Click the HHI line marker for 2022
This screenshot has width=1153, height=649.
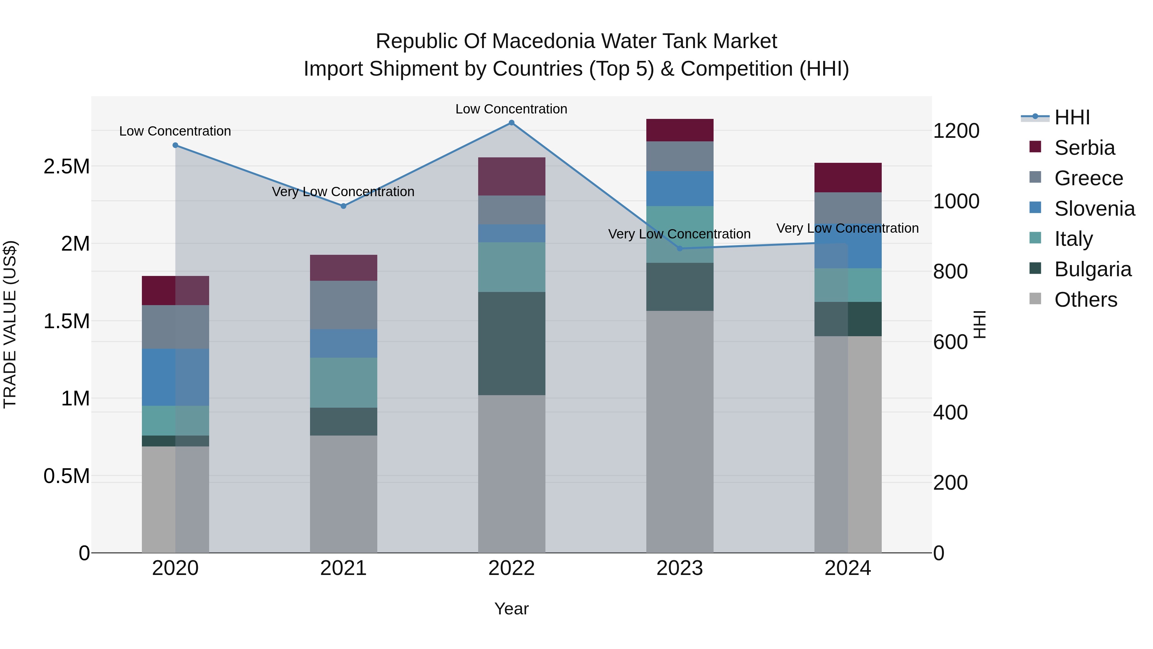click(511, 123)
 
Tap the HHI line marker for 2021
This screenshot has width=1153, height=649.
click(343, 206)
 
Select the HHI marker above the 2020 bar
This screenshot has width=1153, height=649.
click(176, 145)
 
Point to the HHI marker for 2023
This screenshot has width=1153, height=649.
click(679, 248)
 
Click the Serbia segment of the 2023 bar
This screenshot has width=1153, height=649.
click(679, 130)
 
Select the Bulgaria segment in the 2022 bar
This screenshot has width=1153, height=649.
click(511, 344)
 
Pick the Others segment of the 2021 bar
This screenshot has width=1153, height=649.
click(343, 494)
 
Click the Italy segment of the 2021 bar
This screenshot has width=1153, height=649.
click(343, 382)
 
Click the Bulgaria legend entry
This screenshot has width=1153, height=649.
click(1092, 269)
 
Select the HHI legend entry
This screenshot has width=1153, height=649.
click(1072, 117)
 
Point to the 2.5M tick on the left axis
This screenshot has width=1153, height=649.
click(66, 167)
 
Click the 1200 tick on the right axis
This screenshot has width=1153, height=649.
click(956, 131)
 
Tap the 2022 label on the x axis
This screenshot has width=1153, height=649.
click(511, 568)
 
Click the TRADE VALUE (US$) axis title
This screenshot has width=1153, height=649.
click(10, 324)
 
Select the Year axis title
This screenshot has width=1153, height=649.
click(511, 609)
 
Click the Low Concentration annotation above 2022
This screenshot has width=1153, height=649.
click(511, 109)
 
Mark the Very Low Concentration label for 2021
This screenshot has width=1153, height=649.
click(343, 192)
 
